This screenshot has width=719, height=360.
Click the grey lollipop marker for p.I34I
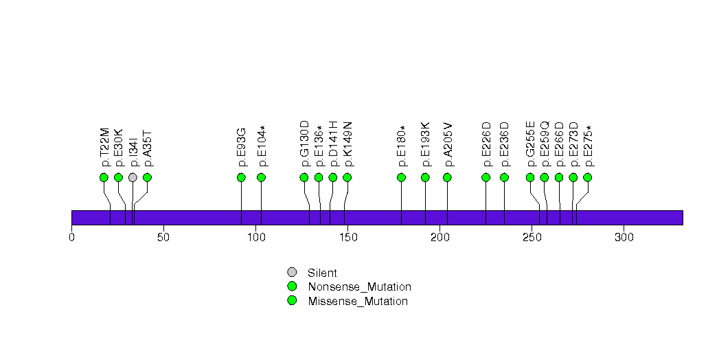tap(133, 177)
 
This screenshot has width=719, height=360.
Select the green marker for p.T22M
tap(104, 177)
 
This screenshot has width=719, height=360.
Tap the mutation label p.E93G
tap(241, 147)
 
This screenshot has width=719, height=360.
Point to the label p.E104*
tap(262, 146)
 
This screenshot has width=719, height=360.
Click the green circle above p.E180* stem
tap(401, 177)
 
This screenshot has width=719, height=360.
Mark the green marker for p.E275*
tap(587, 177)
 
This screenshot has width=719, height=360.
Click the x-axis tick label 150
tap(347, 237)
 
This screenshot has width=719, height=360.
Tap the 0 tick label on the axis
tap(71, 237)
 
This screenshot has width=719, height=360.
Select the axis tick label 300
tap(624, 237)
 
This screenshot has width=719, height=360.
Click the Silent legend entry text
tap(322, 273)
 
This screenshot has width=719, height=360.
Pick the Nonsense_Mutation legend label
tap(359, 286)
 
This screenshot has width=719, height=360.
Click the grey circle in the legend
tap(292, 272)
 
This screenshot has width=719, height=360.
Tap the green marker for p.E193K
tap(425, 177)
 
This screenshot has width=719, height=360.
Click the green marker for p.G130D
tap(304, 177)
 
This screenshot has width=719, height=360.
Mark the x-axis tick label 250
tap(532, 237)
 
